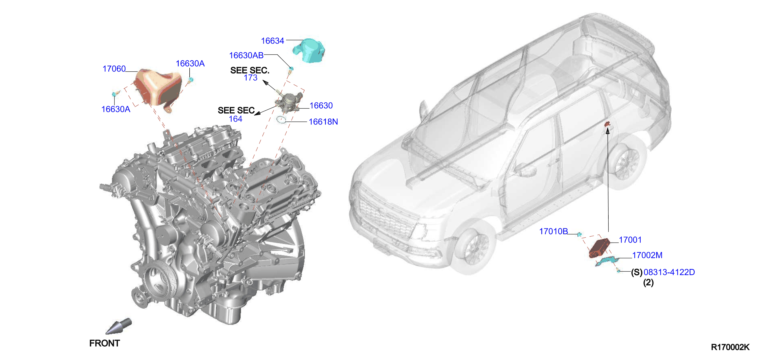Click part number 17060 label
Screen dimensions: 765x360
(x=114, y=69)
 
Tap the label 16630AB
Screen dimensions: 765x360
(x=246, y=55)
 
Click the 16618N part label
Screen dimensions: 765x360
(x=323, y=122)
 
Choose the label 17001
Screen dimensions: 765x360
(x=630, y=240)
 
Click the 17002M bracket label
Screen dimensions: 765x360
(x=647, y=255)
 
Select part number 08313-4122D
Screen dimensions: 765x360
(x=669, y=272)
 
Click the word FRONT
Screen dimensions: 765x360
(x=105, y=343)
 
